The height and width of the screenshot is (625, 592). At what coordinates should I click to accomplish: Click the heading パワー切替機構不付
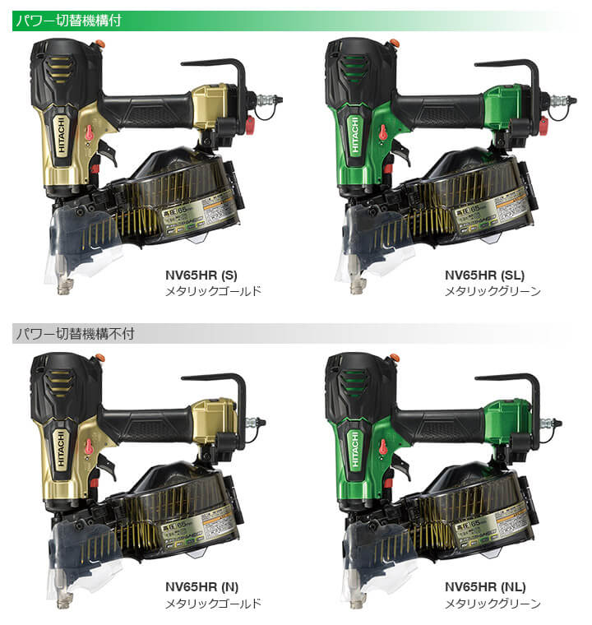click(x=73, y=334)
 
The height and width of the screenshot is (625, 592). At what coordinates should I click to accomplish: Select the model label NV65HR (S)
click(x=201, y=275)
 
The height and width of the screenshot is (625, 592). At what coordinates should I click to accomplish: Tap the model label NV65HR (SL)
click(x=484, y=275)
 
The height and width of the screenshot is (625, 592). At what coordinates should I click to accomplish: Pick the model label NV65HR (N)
click(x=201, y=586)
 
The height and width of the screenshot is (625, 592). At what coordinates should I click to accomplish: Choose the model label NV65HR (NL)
click(x=484, y=586)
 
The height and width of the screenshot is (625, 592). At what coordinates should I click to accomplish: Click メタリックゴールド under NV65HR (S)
click(x=213, y=291)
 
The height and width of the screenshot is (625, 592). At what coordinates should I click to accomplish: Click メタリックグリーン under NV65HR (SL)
click(x=493, y=291)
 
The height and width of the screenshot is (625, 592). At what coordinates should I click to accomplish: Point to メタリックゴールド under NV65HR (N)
click(x=213, y=603)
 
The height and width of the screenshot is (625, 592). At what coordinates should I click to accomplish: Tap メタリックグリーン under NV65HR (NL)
click(x=493, y=603)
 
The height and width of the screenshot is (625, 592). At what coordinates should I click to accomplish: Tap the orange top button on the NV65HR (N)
click(x=100, y=357)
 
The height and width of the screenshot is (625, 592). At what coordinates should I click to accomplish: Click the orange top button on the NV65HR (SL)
click(x=395, y=43)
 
